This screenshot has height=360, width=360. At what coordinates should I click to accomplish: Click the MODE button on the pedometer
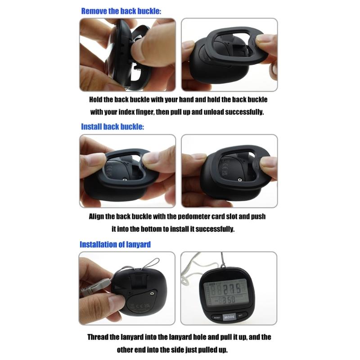229,316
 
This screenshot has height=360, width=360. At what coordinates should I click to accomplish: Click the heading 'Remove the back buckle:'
121,11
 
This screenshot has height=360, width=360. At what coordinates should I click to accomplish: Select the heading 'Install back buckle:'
112,127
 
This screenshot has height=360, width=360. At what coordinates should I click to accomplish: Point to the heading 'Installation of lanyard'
115,245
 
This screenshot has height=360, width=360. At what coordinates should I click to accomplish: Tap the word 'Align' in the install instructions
97,216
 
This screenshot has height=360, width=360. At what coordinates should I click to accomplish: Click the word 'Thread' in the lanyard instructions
98,337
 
